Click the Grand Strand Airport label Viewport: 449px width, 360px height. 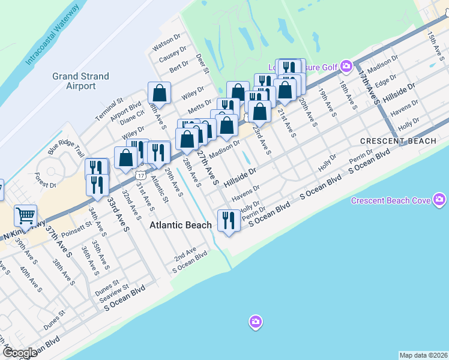[x=80, y=81]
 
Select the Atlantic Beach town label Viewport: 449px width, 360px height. [x=180, y=225]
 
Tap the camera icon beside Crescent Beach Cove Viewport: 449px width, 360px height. [x=440, y=199]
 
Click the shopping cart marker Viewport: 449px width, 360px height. [x=25, y=215]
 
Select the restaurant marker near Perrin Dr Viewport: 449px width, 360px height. [x=228, y=220]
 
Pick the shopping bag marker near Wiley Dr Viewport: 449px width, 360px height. [x=159, y=93]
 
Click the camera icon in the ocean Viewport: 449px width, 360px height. [x=256, y=322]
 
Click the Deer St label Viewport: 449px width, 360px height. [x=202, y=64]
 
